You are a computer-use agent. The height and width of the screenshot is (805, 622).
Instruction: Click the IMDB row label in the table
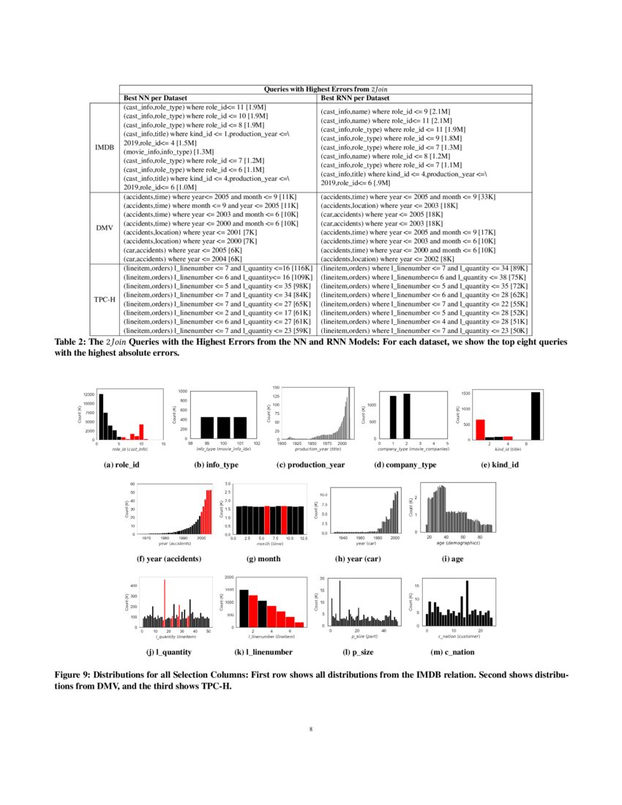(105, 147)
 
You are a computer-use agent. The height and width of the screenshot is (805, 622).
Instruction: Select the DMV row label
(105, 228)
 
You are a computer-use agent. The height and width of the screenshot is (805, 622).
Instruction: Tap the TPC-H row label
(105, 300)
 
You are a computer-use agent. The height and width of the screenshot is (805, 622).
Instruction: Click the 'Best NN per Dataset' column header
(155, 97)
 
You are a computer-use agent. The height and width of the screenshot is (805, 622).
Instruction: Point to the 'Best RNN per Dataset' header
(356, 97)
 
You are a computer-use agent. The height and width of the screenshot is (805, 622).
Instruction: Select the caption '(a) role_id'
(130, 465)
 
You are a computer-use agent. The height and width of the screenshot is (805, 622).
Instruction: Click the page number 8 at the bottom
(311, 729)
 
